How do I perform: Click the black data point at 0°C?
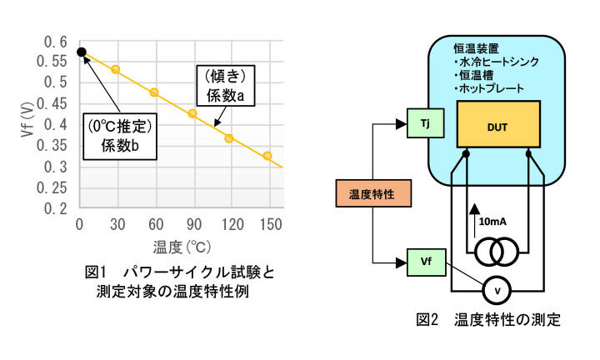[81, 52]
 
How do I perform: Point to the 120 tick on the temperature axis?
[233, 224]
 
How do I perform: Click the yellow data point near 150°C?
[267, 156]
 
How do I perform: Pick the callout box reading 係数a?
[226, 87]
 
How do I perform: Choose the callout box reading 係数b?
[123, 135]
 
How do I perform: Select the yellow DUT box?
[499, 124]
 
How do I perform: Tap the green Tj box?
[424, 124]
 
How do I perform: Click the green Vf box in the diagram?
[424, 262]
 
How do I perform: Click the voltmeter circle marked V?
[498, 290]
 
